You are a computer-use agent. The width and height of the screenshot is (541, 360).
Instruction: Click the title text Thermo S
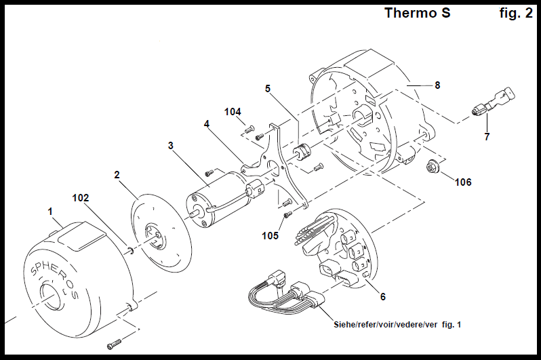tap(417, 13)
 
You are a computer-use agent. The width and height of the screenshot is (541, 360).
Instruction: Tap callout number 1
tap(50, 212)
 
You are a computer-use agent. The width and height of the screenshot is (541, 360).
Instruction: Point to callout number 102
tap(81, 198)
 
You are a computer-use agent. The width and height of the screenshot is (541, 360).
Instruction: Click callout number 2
tap(117, 174)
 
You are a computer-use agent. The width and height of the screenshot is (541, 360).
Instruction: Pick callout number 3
tap(171, 145)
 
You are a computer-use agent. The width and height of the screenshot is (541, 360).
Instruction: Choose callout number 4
tap(207, 123)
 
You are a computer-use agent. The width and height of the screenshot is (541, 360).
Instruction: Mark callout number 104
tap(233, 111)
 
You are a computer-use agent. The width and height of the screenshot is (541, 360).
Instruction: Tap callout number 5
tap(268, 88)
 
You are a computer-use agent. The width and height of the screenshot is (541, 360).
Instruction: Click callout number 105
tap(271, 235)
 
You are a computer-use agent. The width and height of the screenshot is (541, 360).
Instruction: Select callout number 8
tap(437, 85)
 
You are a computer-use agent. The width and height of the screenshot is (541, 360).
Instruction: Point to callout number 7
tap(487, 136)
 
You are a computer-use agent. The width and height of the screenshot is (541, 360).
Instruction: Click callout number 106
tap(463, 182)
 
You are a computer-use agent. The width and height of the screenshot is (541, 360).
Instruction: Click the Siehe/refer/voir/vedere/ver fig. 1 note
tap(397, 325)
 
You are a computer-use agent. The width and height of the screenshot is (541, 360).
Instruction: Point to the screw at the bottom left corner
tap(117, 343)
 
